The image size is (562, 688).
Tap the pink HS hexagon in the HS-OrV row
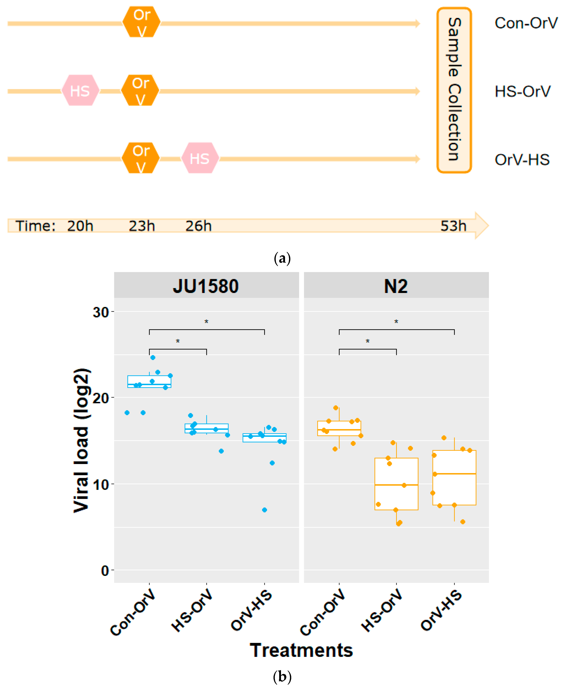[80, 91]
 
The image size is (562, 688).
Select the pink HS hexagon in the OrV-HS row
[200, 158]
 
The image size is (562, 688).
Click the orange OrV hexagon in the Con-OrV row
[141, 22]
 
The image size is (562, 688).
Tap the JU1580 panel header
[206, 286]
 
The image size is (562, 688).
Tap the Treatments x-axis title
[301, 651]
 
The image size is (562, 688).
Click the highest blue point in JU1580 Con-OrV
[153, 358]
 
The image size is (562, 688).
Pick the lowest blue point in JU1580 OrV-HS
[265, 510]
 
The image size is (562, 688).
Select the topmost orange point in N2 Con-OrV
[336, 408]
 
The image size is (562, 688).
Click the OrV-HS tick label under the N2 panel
[442, 611]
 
